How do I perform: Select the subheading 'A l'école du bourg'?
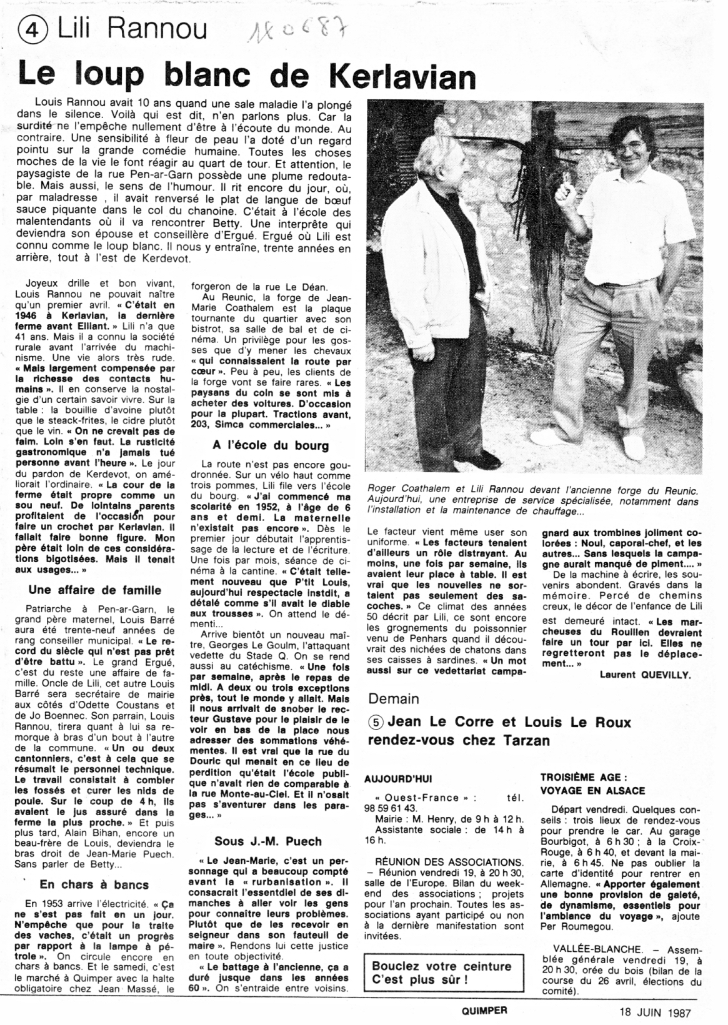(x=270, y=445)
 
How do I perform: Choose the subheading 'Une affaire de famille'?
(x=95, y=590)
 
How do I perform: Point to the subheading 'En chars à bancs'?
(x=94, y=884)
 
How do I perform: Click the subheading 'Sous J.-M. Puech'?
(x=269, y=840)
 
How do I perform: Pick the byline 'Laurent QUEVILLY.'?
(x=645, y=674)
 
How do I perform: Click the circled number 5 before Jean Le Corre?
(x=376, y=722)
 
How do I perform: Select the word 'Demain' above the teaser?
(x=394, y=698)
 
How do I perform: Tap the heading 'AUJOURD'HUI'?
(x=397, y=779)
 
